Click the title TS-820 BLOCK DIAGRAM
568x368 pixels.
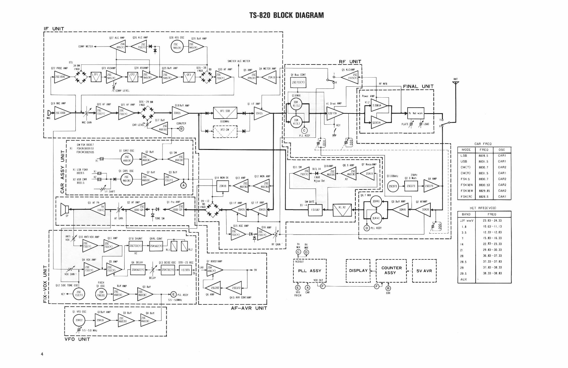[x=286, y=15]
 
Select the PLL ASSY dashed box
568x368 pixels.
[x=310, y=271]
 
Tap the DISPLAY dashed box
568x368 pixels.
[x=358, y=270]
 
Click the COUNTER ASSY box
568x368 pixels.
[x=391, y=270]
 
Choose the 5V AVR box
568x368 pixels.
[x=424, y=270]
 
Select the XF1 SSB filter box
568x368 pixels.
[x=225, y=113]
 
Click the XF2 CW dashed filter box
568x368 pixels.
[x=225, y=131]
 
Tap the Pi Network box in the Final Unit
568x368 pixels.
[x=416, y=113]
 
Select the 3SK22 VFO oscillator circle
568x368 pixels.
[x=79, y=320]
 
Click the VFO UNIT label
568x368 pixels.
[x=77, y=339]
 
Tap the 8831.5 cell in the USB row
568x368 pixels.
[x=483, y=161]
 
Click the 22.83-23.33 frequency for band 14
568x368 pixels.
[x=492, y=244]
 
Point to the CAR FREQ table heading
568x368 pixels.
[x=483, y=144]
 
